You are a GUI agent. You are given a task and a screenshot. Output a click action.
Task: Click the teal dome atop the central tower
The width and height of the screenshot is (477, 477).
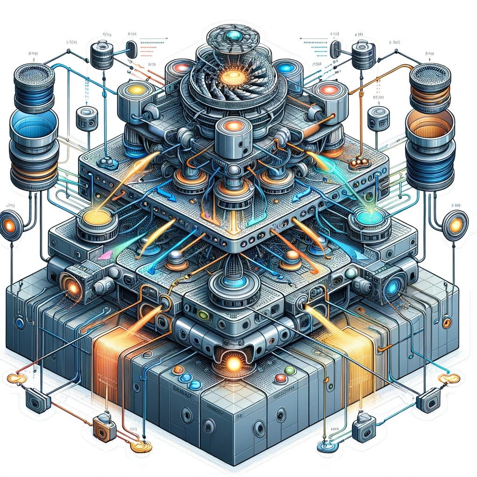(232, 35)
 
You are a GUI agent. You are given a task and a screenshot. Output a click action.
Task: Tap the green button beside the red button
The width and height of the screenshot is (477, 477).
(290, 370)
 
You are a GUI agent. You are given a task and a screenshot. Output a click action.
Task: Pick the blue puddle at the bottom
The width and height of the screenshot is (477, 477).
(325, 447)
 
